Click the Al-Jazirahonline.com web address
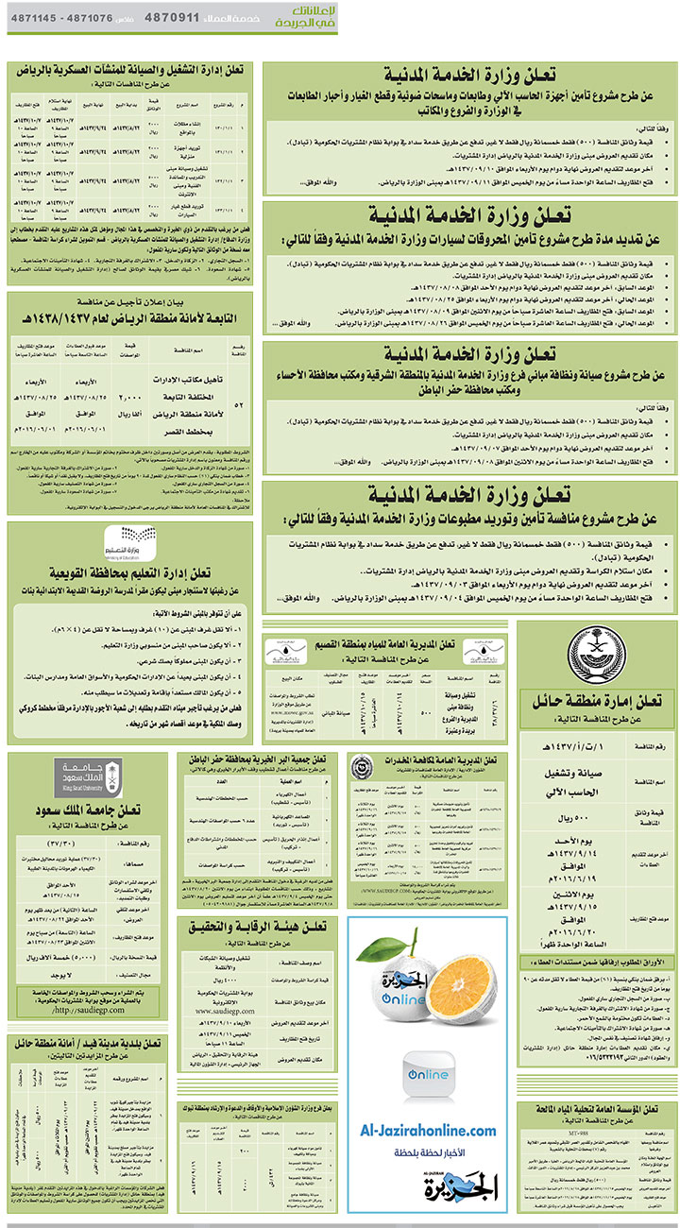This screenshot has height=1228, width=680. coord(427,1131)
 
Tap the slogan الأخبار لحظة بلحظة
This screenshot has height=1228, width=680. coord(427,1153)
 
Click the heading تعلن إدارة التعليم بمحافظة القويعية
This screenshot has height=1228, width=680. coord(131,571)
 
